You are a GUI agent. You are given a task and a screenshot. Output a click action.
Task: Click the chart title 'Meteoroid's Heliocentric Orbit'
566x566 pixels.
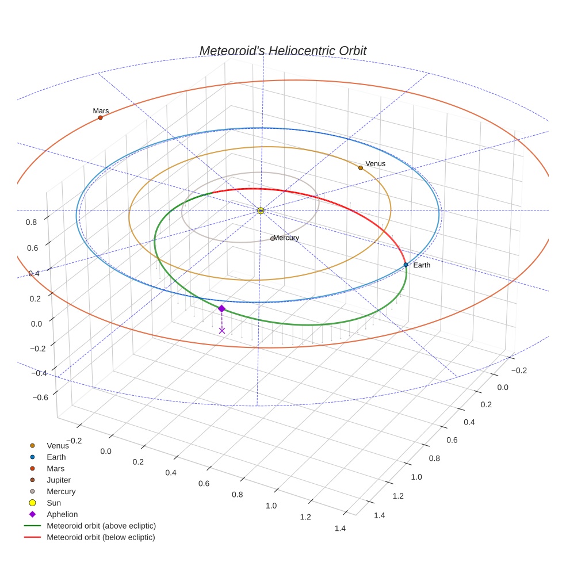click(282, 51)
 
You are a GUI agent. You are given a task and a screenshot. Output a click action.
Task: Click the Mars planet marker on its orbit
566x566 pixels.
click(100, 117)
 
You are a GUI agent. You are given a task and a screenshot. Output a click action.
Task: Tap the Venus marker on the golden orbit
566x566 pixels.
click(361, 167)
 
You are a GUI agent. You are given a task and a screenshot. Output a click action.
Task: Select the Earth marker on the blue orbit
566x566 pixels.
click(406, 265)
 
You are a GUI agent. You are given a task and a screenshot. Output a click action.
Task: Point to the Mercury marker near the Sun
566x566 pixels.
click(272, 239)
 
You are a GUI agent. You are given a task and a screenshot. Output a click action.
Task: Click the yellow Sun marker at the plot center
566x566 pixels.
click(261, 211)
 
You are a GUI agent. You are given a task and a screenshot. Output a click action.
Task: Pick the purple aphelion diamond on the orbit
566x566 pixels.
click(221, 308)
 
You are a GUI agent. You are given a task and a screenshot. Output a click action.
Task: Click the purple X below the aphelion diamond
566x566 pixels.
click(222, 330)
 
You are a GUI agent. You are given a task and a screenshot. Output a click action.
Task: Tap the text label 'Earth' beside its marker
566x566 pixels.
click(422, 265)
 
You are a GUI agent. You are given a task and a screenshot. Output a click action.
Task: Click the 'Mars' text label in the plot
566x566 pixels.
click(101, 110)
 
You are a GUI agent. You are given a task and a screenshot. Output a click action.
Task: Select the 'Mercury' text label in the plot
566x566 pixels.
click(286, 238)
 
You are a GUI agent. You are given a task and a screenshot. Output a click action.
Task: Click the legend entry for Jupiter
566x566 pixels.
click(59, 480)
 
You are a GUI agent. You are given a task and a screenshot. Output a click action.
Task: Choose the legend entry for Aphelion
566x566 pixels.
click(62, 514)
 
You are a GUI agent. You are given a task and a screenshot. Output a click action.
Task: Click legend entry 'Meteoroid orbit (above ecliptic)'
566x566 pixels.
click(101, 526)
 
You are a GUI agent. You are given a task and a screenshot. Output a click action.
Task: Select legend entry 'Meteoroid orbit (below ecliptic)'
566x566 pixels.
click(101, 537)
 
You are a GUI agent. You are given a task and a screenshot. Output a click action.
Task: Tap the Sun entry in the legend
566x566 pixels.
click(53, 503)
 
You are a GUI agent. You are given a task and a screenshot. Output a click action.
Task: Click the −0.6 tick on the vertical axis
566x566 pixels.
click(40, 397)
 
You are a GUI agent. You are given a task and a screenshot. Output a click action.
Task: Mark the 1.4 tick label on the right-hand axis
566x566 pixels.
click(378, 515)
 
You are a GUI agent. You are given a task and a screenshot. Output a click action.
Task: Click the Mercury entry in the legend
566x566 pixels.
click(61, 491)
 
